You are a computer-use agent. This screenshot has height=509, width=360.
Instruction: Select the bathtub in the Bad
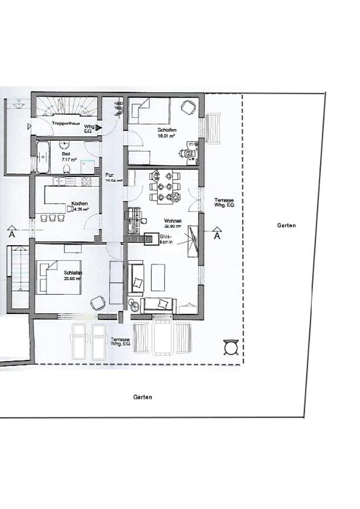[x=43, y=157]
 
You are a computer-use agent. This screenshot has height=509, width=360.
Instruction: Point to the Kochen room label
[x=79, y=203]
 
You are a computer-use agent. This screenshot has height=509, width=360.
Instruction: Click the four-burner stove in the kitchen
[x=86, y=181]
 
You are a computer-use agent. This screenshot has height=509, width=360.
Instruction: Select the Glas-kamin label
[x=167, y=239]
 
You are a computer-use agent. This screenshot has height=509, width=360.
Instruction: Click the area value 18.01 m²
[x=167, y=136]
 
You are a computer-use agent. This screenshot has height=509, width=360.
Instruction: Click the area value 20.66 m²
[x=72, y=279]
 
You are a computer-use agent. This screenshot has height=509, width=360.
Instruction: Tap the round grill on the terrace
[x=230, y=349]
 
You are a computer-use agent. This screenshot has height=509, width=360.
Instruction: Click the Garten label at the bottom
[x=143, y=397]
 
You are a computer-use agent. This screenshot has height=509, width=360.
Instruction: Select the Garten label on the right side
[x=286, y=225]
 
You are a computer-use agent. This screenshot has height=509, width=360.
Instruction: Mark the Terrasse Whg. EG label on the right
[x=223, y=203]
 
